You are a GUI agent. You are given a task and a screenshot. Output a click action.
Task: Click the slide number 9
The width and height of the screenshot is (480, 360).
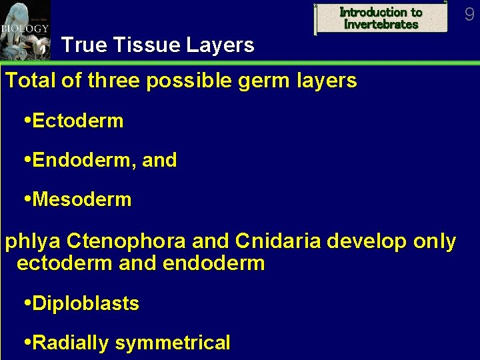click(469, 13)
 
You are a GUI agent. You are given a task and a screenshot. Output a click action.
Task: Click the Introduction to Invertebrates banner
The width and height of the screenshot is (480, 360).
click(381, 18)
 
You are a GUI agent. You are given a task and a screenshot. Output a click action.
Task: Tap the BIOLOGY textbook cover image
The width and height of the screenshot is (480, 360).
click(25, 29)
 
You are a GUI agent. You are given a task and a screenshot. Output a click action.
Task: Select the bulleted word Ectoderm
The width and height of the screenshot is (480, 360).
click(77, 121)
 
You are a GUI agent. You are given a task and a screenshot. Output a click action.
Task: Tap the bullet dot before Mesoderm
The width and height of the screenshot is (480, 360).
click(27, 199)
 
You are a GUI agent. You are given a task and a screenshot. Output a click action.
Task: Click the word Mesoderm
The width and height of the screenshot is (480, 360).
click(81, 199)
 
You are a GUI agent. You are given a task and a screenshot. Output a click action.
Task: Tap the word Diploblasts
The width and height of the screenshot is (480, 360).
click(85, 303)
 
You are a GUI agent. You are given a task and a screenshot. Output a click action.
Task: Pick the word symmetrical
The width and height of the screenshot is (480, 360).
click(173, 343)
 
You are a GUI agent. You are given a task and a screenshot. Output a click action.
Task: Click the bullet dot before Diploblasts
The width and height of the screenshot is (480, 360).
click(27, 303)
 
